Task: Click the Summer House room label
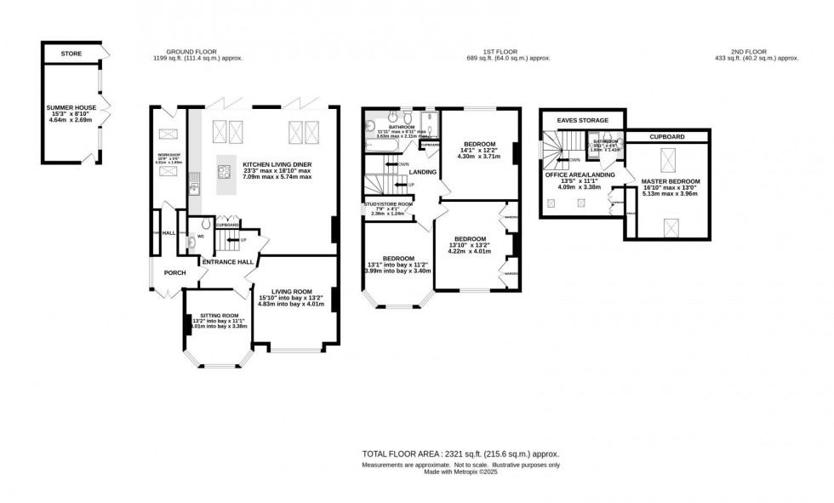point(71,108)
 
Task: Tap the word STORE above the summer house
point(71,54)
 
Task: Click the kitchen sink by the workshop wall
point(195,179)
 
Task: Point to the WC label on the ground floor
point(201,237)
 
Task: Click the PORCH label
point(174,272)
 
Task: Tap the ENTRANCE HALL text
point(227,262)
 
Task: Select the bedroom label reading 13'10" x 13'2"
point(469,239)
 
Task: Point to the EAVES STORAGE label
point(583,121)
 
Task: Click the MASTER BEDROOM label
point(671,181)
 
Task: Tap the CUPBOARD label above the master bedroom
point(668,136)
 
